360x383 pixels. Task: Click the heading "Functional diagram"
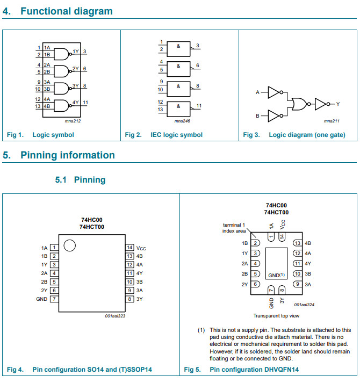[67, 11]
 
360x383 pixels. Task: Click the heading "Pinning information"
[68, 155]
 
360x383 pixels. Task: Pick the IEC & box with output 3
[179, 48]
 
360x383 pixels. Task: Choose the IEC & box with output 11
[179, 106]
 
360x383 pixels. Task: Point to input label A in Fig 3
[257, 93]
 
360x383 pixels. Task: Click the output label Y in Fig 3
[337, 104]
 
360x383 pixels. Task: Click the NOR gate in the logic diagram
[298, 104]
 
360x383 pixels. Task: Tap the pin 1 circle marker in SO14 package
[69, 246]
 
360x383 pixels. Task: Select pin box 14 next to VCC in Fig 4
[129, 248]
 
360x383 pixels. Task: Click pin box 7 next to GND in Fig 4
[54, 299]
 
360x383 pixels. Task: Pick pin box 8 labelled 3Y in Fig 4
[129, 299]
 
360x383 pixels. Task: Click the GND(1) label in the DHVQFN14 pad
[276, 275]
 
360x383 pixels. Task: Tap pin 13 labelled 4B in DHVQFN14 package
[297, 243]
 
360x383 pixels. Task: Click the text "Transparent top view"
[276, 316]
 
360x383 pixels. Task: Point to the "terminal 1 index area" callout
[234, 228]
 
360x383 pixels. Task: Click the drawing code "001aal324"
[304, 304]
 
